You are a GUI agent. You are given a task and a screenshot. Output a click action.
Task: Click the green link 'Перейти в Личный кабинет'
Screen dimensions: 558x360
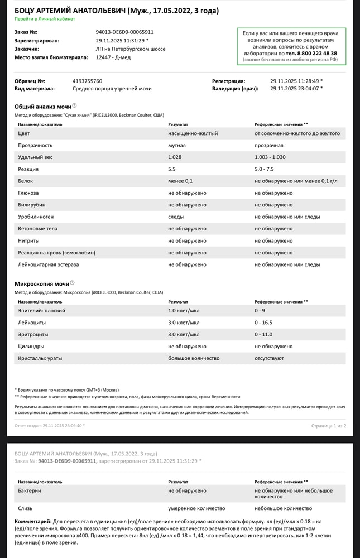45,18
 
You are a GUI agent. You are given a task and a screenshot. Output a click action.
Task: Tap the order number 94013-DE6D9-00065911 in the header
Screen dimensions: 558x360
124,32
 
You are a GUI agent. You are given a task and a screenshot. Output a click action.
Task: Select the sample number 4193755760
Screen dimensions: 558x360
88,81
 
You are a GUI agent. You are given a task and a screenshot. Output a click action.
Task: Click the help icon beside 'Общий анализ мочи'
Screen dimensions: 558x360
74,105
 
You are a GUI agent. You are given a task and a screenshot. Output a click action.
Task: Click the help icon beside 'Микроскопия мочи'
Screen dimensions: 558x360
73,283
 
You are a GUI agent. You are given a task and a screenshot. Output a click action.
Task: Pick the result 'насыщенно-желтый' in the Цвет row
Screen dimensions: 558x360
193,133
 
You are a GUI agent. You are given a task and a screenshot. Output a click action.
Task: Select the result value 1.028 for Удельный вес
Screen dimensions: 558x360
175,157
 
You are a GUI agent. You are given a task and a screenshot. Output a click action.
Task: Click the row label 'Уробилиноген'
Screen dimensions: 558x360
37,217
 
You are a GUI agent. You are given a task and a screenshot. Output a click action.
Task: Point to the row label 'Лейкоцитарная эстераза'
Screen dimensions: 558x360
49,264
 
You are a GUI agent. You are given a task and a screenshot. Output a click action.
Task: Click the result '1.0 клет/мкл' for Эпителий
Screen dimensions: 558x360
184,310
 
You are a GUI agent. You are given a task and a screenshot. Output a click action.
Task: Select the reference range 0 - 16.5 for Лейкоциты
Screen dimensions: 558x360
265,322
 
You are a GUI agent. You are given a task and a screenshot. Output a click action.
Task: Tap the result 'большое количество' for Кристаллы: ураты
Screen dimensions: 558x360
194,358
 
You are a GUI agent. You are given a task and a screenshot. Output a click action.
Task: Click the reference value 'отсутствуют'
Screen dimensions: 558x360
270,358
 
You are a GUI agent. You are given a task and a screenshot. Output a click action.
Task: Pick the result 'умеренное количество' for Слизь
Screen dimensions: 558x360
196,508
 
